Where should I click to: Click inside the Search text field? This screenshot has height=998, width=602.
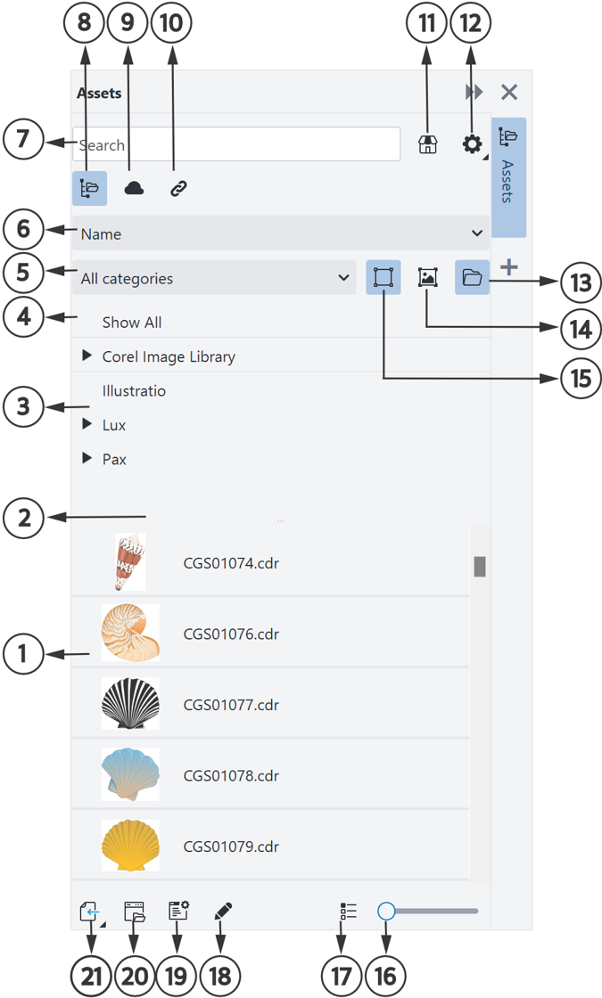[235, 144]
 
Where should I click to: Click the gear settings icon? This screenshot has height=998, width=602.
[472, 144]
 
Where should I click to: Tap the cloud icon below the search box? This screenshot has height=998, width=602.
[134, 188]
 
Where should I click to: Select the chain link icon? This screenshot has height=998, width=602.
[178, 188]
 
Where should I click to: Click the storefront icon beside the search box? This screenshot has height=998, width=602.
[427, 144]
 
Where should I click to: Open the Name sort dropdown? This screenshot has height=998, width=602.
[280, 233]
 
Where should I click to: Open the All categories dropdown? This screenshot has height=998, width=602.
[214, 278]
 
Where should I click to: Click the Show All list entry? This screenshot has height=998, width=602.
[132, 323]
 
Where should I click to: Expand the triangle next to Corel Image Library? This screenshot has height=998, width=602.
[87, 356]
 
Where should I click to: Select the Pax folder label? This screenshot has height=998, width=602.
[115, 460]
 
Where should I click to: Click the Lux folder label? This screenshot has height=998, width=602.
[114, 425]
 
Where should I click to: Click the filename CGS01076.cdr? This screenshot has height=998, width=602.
[231, 634]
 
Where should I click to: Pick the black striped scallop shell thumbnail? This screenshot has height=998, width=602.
[130, 703]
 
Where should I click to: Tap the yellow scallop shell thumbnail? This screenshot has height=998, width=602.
[130, 846]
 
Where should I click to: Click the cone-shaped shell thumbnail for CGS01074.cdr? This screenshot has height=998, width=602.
[130, 562]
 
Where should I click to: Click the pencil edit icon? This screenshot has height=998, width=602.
[223, 912]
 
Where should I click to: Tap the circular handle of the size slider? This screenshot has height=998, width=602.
[386, 911]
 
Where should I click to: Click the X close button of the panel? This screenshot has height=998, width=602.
[509, 93]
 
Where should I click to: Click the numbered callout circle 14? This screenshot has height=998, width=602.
[581, 330]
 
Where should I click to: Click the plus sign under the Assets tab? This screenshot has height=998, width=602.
[509, 266]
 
